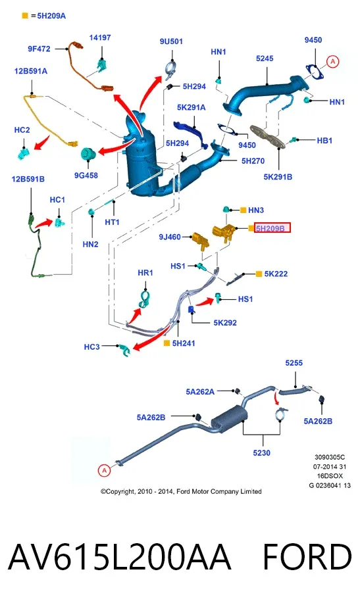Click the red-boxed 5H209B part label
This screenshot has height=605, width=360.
pyautogui.click(x=272, y=228)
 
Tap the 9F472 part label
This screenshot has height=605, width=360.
pyautogui.click(x=39, y=49)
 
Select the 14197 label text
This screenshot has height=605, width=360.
pyautogui.click(x=100, y=37)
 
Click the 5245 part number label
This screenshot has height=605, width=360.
pyautogui.click(x=265, y=59)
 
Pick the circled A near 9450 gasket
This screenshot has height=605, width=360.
pyautogui.click(x=332, y=61)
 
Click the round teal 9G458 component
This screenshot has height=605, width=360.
pyautogui.click(x=88, y=154)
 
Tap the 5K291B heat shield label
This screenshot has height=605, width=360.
pyautogui.click(x=278, y=177)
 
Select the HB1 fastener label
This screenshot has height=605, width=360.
pyautogui.click(x=324, y=141)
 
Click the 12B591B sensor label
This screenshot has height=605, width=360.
pyautogui.click(x=28, y=179)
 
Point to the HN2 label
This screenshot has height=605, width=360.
pyautogui.click(x=90, y=244)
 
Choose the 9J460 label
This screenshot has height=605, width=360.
pyautogui.click(x=170, y=237)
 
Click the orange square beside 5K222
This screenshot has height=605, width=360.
pyautogui.click(x=259, y=274)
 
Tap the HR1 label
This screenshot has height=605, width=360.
pyautogui.click(x=145, y=273)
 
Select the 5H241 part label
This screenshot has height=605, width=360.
pyautogui.click(x=184, y=343)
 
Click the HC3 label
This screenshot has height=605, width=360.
pyautogui.click(x=92, y=347)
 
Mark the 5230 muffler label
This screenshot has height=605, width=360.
pyautogui.click(x=261, y=452)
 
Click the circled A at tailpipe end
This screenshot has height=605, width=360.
pyautogui.click(x=104, y=470)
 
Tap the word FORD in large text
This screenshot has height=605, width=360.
pyautogui.click(x=307, y=557)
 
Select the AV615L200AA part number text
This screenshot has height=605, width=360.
pyautogui.click(x=120, y=557)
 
